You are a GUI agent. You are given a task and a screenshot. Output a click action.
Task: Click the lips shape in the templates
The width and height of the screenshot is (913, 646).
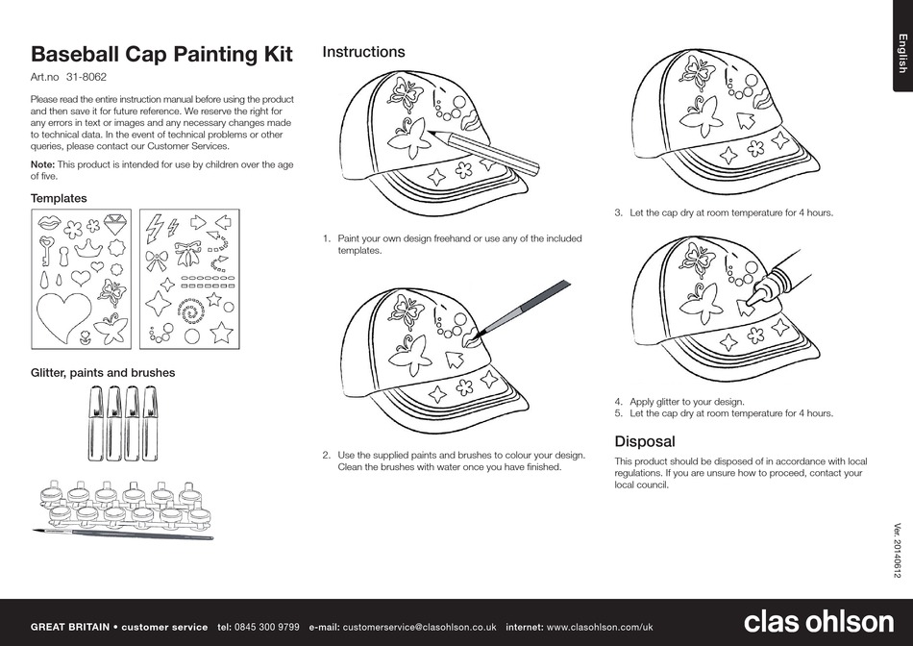[x=48, y=223]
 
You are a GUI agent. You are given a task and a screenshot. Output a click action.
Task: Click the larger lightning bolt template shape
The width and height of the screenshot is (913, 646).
[x=154, y=226]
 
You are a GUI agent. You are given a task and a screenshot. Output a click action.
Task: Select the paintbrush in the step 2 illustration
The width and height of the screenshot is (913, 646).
[x=523, y=307]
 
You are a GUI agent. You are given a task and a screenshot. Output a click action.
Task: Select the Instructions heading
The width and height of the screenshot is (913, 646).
[x=363, y=52]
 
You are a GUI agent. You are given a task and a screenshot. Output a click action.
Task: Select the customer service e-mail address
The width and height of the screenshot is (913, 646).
[x=419, y=627]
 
